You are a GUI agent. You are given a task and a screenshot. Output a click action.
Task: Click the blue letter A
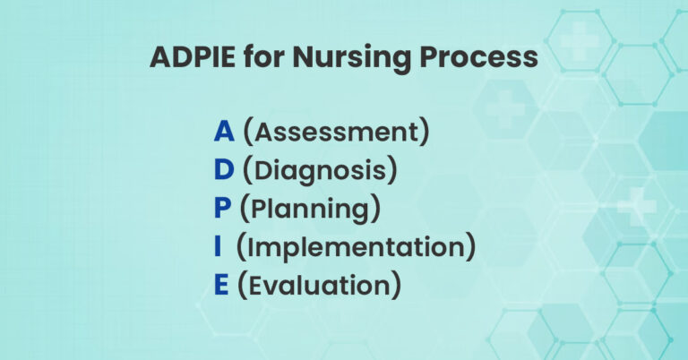224,131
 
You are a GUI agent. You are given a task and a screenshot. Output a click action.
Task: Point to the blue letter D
224,169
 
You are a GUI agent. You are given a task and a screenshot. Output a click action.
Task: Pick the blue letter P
224,208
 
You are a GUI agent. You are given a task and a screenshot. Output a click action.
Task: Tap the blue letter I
219,246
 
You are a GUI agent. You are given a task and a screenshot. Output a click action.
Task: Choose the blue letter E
223,285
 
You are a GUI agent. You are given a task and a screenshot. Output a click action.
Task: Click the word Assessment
337,131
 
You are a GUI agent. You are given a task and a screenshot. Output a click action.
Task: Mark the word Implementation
356,246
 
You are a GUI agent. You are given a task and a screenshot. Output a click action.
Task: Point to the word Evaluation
319,285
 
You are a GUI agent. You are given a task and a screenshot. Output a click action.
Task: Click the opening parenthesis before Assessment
248,132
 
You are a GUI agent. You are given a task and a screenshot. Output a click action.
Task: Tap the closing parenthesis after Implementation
470,247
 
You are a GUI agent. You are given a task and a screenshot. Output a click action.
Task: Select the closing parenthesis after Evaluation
395,286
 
